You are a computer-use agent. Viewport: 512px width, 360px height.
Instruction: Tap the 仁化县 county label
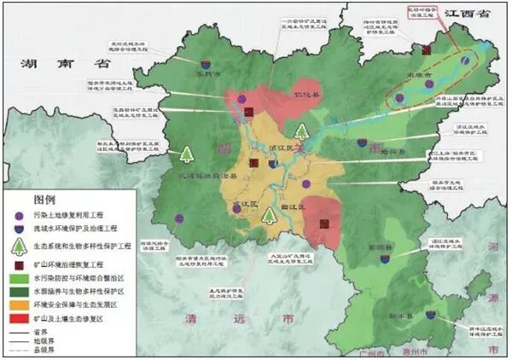pos(305,87)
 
